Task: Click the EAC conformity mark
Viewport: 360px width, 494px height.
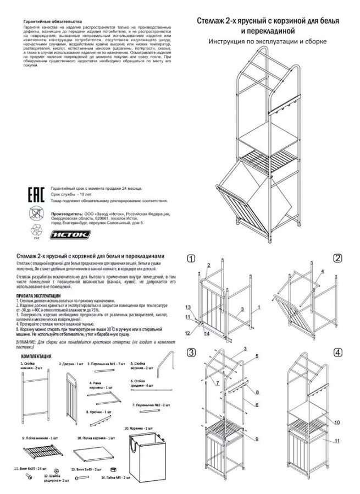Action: coord(36,194)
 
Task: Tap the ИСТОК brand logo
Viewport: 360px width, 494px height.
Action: coord(71,234)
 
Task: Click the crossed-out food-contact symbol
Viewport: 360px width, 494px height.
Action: coord(35,213)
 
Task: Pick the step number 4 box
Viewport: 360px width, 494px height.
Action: coord(337,352)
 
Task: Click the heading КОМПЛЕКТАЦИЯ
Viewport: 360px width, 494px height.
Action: coord(36,356)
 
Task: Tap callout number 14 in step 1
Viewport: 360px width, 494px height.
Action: coord(207,333)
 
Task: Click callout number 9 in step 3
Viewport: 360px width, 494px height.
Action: coord(256,438)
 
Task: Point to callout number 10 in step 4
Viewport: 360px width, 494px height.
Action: coord(336,422)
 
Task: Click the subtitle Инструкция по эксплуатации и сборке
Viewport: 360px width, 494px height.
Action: coord(268,42)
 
